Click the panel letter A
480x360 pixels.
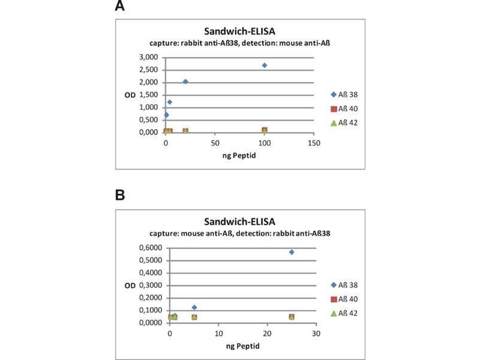click(120, 7)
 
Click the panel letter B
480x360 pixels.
click(120, 195)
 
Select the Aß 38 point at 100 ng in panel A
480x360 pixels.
click(264, 65)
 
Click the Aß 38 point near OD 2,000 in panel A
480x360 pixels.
click(185, 82)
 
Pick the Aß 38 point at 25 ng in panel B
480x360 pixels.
click(292, 252)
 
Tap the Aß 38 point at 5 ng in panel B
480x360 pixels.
click(194, 307)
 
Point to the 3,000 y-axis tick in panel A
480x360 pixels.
click(148, 57)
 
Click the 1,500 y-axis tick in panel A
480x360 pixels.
click(148, 95)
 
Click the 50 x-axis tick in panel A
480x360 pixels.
click(214, 144)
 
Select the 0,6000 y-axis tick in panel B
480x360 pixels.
click(150, 248)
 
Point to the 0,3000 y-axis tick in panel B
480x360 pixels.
click(150, 285)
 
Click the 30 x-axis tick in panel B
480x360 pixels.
click(316, 334)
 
